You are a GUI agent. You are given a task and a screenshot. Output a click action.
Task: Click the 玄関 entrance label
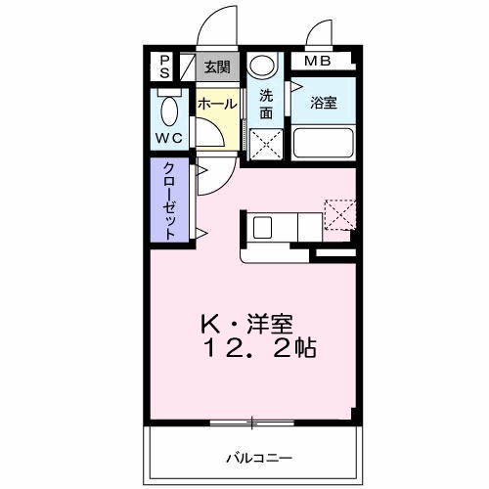tap(217, 67)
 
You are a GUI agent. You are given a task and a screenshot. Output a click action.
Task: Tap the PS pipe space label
tap(164, 67)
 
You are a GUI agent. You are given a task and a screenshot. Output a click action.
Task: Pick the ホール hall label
tap(215, 103)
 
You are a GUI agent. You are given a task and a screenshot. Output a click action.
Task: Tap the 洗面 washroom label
tap(265, 103)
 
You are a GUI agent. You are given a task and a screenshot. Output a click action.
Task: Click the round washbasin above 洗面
tap(261, 67)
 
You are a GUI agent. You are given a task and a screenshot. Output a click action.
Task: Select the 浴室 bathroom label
tap(324, 103)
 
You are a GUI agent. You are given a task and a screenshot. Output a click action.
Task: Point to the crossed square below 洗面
tap(264, 144)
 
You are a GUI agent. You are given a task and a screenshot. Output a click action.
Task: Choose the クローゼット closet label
tap(169, 200)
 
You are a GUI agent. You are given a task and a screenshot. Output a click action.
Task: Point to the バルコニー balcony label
tap(253, 457)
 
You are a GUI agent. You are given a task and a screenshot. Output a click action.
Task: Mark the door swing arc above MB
tap(321, 34)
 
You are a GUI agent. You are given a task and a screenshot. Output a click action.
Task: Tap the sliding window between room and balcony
tap(251, 422)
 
